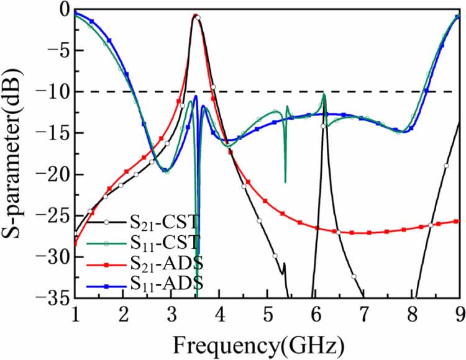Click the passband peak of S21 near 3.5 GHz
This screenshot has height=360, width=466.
click(x=196, y=16)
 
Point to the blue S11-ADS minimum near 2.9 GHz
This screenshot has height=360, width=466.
click(x=165, y=170)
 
